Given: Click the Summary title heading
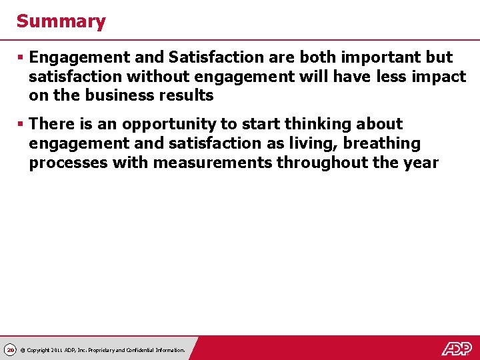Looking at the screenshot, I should (x=61, y=21).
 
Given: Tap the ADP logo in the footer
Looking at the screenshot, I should (x=457, y=348).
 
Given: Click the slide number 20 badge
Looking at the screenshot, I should (x=10, y=350).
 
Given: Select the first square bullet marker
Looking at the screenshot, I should (x=21, y=58).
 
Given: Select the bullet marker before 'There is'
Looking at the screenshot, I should (x=21, y=124).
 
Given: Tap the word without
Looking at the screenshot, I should (x=157, y=77).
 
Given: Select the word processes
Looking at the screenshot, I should (x=67, y=163).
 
